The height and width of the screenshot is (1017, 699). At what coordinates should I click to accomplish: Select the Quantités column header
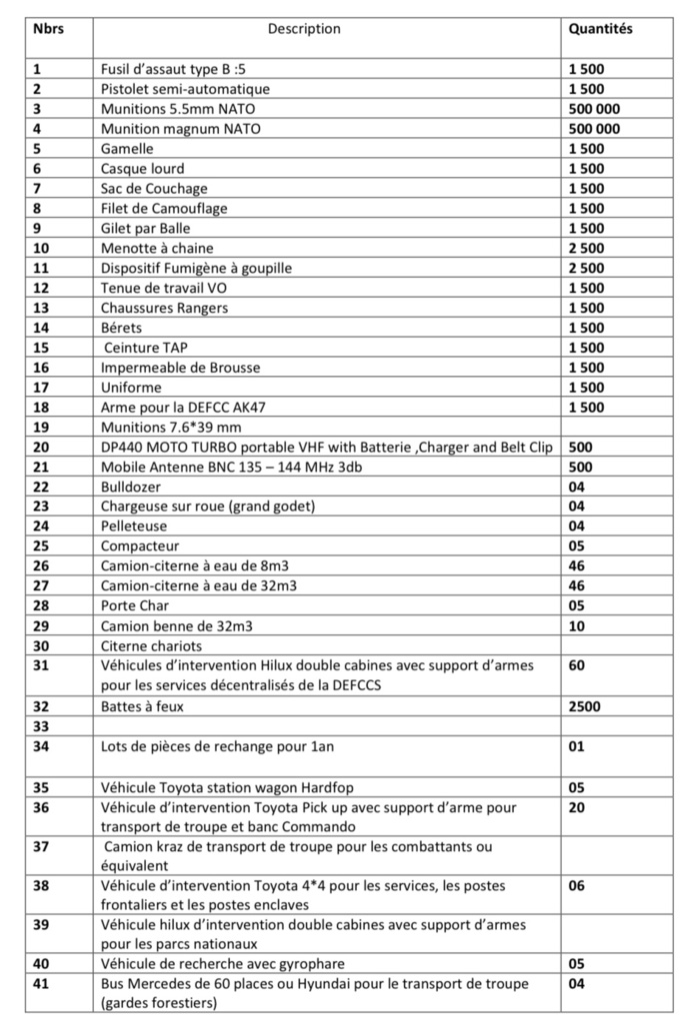[600, 29]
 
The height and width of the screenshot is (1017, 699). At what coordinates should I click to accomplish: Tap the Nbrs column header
[48, 29]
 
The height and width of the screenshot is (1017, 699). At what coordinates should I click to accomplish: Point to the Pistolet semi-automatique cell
[185, 89]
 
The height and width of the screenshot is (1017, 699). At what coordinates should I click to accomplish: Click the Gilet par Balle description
[148, 228]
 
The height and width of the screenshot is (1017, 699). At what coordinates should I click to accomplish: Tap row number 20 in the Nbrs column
[41, 447]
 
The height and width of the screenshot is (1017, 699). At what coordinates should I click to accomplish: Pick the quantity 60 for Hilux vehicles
[577, 665]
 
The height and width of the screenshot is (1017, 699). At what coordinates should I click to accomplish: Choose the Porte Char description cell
[135, 605]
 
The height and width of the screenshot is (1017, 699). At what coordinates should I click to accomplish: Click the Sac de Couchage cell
[154, 188]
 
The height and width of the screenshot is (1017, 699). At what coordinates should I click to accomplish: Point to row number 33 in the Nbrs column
[41, 726]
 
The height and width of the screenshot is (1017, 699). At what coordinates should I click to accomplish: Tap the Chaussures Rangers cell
[164, 308]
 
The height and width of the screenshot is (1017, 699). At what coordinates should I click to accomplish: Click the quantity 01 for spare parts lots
[577, 746]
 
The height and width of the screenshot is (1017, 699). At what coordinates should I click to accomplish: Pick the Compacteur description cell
[140, 546]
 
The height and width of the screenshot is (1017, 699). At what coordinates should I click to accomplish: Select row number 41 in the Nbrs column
[41, 984]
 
